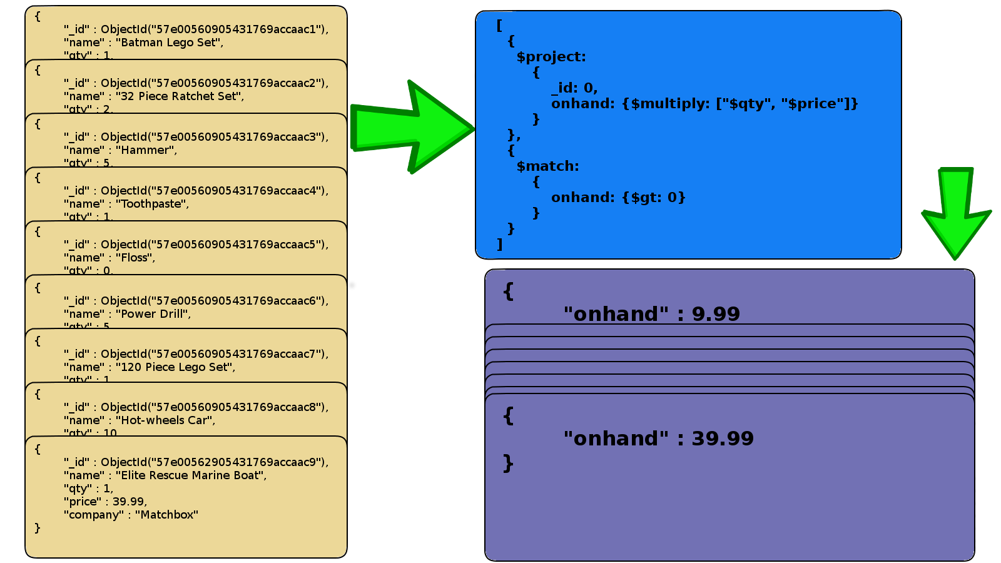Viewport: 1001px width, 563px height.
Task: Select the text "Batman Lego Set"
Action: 169,43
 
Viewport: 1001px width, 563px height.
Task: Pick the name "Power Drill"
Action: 153,314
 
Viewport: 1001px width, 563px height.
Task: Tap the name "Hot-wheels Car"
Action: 165,420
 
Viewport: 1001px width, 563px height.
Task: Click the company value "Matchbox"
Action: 166,515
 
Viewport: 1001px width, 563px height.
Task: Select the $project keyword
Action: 551,57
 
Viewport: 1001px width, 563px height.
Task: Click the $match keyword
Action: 547,166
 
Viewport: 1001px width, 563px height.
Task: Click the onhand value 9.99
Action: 716,314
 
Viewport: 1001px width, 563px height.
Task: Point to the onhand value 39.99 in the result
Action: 723,439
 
